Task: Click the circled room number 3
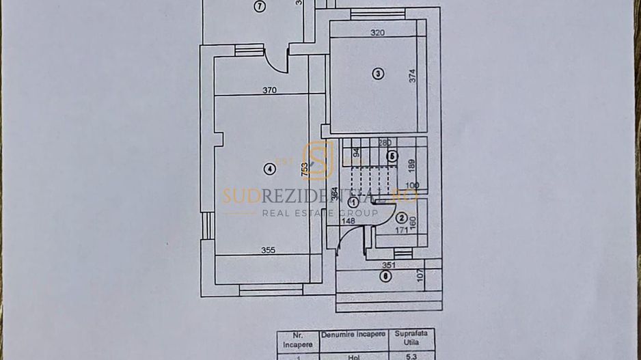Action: [x=377, y=74]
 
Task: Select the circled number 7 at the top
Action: [x=259, y=7]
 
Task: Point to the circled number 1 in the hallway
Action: [x=353, y=202]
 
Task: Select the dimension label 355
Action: [x=269, y=250]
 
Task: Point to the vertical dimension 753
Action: [x=305, y=168]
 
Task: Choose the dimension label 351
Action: [x=389, y=265]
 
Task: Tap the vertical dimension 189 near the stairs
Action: [x=411, y=166]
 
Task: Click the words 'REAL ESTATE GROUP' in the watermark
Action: [x=320, y=213]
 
